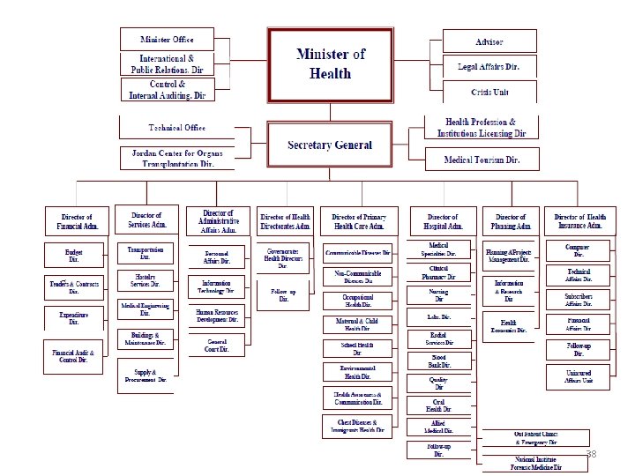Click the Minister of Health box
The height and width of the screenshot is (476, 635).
point(331,63)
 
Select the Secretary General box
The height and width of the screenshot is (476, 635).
point(331,145)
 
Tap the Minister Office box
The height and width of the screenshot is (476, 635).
point(168,40)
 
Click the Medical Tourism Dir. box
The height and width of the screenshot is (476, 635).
point(483,160)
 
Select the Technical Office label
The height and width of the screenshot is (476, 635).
point(176,127)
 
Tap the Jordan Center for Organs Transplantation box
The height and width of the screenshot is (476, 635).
point(171,158)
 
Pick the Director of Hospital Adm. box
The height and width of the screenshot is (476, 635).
point(443,220)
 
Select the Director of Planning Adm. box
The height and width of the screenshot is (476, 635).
point(511,220)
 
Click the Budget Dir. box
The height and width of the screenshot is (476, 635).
point(74,256)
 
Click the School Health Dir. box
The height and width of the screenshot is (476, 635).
point(358,349)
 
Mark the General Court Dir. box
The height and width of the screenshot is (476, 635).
point(217,346)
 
